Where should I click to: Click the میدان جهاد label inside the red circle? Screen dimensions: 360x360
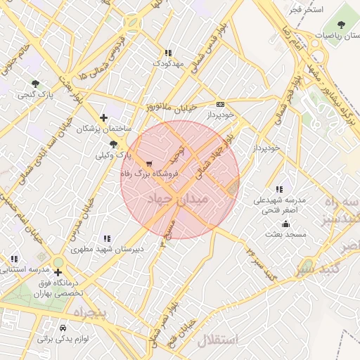click(178, 200)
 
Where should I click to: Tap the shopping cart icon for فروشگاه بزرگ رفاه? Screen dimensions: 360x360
click(148, 162)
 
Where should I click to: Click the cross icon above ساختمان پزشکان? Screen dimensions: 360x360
click(104, 118)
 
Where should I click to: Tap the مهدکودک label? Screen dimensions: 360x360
click(167, 63)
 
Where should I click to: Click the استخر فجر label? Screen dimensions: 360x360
click(307, 9)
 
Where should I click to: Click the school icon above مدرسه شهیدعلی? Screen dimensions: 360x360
click(279, 189)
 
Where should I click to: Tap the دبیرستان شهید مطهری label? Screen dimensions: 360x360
click(107, 249)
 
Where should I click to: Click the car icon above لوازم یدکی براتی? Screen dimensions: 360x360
click(63, 328)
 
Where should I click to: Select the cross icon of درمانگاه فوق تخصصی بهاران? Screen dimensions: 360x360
click(58, 272)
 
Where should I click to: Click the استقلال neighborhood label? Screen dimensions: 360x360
click(217, 340)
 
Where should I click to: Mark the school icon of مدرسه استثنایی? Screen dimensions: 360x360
click(14, 259)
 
